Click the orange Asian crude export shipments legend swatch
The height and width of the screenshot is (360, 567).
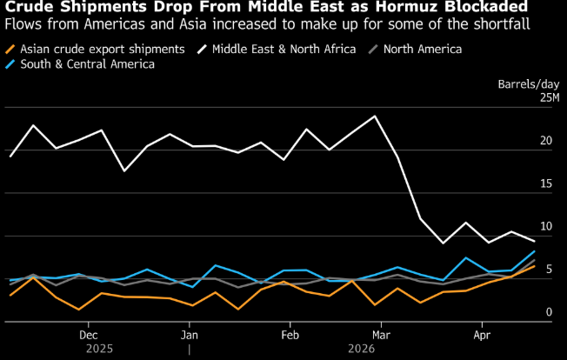tap(10, 49)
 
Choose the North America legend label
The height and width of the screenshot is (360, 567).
tap(422, 49)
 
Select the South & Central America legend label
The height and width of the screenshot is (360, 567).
tap(86, 63)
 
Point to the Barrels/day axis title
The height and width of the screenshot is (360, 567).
tap(528, 84)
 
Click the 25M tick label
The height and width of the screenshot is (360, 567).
tap(550, 97)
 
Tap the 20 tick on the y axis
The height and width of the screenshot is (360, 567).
tap(547, 141)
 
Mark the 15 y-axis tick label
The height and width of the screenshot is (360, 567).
tap(547, 183)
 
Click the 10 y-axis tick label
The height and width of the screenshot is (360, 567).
tap(547, 226)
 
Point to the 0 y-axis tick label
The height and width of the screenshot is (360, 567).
tap(550, 311)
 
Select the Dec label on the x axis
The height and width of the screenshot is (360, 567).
tap(88, 333)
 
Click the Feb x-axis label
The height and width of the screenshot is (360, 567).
tap(290, 333)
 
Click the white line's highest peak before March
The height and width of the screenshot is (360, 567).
tap(375, 116)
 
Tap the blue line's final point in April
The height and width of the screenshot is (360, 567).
tap(534, 251)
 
